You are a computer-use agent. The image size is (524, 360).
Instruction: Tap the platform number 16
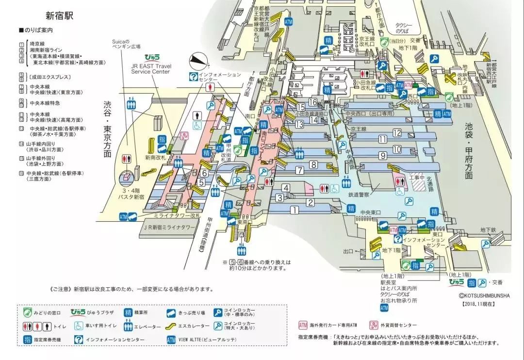(x=312, y=102)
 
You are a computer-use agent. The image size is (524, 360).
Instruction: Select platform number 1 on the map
(x=294, y=210)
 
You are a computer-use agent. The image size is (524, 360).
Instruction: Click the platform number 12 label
(x=397, y=132)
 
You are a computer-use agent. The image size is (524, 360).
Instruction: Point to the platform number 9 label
(x=383, y=156)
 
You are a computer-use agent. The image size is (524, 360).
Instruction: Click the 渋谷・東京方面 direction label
(x=107, y=129)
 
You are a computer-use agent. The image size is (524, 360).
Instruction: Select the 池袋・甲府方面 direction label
(x=468, y=150)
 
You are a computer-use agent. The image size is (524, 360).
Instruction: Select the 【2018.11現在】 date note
(x=477, y=303)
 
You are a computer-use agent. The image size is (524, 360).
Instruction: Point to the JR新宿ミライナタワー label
(x=169, y=227)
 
